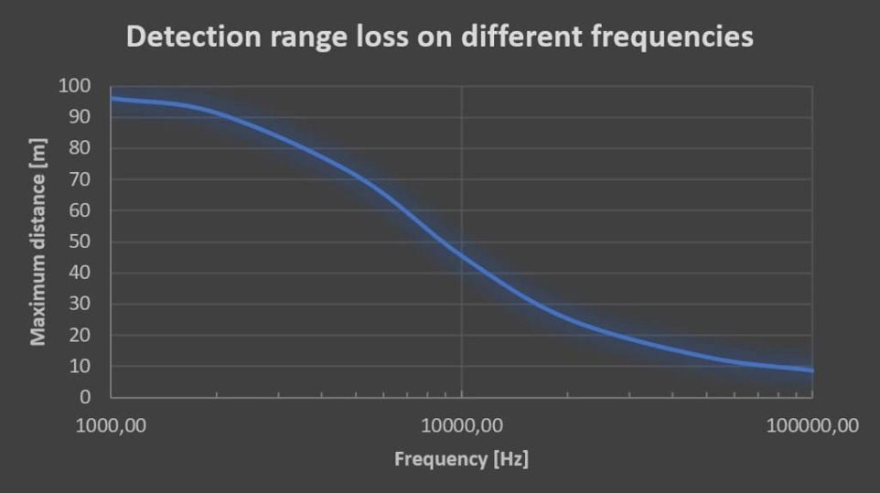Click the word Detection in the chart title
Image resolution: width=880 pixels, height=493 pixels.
(188, 37)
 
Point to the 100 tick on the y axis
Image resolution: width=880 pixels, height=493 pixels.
(74, 86)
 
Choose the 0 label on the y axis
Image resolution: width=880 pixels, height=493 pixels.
(85, 398)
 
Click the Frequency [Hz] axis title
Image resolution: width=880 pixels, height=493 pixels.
(461, 458)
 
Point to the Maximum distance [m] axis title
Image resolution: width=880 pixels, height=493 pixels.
(38, 241)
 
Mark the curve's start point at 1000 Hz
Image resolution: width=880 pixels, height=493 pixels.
(112, 98)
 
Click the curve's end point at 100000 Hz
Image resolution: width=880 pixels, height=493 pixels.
(811, 370)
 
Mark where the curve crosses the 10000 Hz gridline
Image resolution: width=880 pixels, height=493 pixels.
(462, 255)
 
